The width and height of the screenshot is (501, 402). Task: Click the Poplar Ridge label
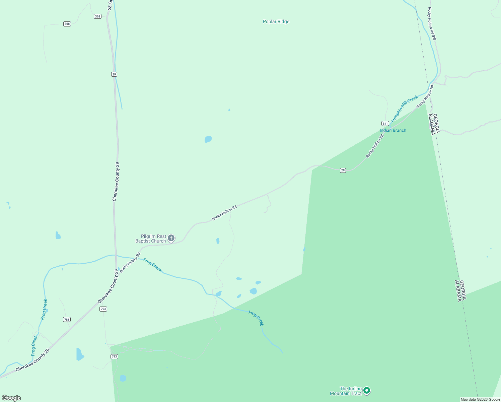tap(276, 22)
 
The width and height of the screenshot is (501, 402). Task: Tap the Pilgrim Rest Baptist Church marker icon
tap(171, 238)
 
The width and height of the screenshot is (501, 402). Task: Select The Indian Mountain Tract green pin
tap(367, 390)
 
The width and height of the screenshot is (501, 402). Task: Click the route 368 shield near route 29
tap(97, 16)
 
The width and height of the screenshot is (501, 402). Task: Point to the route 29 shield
tap(114, 74)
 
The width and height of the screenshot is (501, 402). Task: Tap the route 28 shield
tap(343, 170)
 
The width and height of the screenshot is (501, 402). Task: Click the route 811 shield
tap(385, 123)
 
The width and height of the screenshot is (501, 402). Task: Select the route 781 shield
tap(67, 320)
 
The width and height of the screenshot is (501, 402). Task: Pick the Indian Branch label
tap(393, 130)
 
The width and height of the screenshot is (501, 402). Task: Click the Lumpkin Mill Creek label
tap(405, 109)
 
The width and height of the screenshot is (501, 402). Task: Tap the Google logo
tap(11, 398)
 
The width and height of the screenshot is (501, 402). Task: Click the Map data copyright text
tap(480, 399)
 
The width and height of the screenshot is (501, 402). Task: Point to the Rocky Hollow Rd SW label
tap(432, 24)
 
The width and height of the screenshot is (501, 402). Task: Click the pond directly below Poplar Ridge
tap(208, 139)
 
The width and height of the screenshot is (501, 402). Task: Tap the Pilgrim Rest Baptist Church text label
tap(151, 239)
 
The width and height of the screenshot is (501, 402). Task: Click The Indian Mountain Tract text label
tap(346, 391)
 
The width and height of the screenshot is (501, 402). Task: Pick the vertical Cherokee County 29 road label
tap(115, 182)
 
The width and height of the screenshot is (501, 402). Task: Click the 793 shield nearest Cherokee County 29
tap(103, 309)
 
